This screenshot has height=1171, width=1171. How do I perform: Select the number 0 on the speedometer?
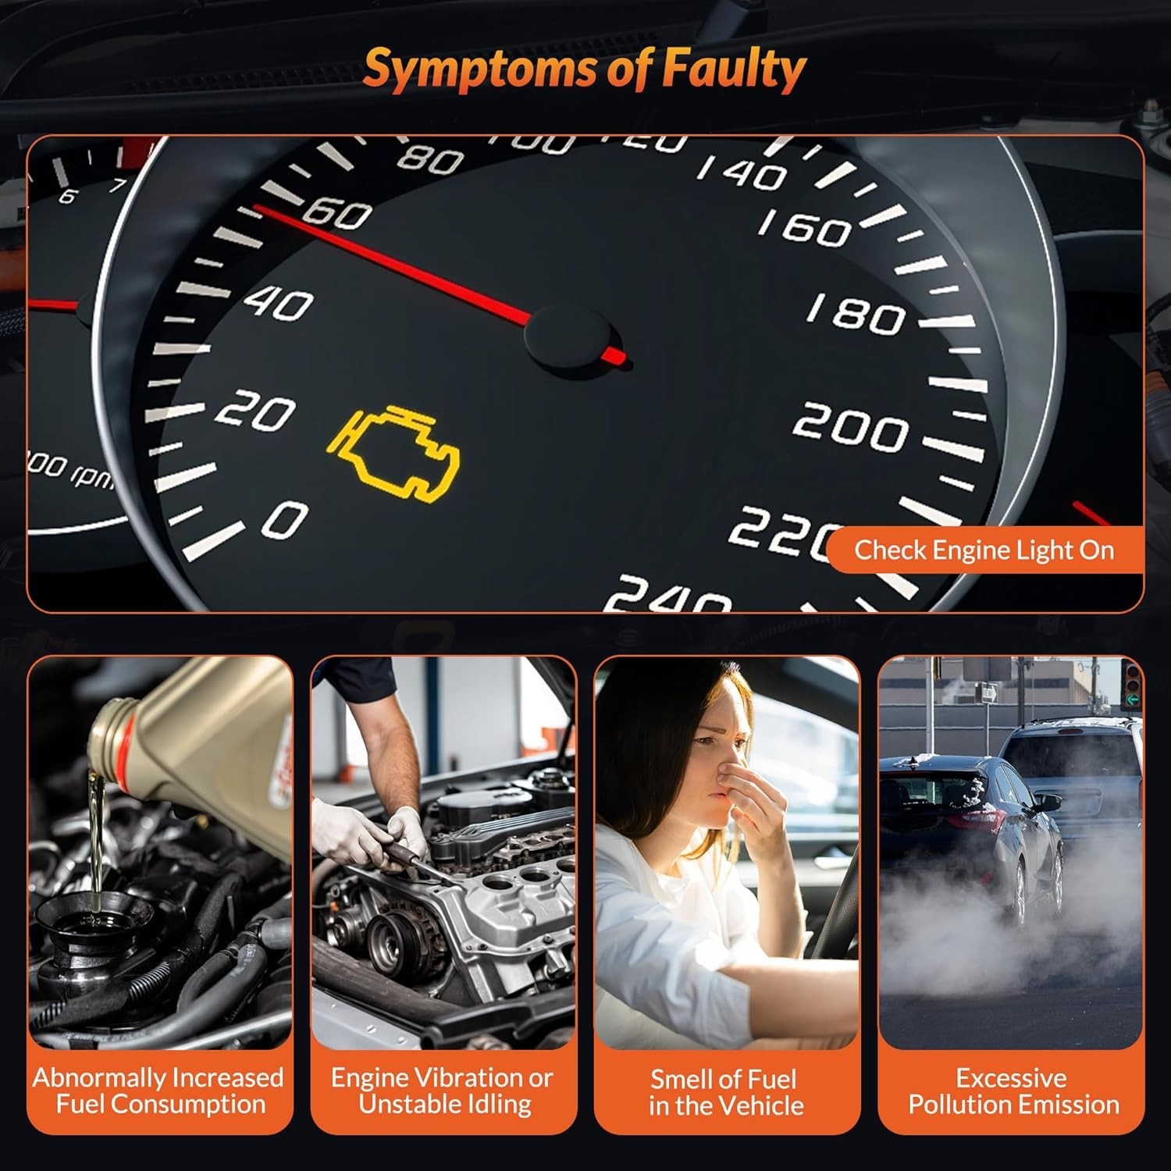click(x=284, y=520)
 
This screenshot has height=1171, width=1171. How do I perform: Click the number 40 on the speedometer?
click(x=278, y=303)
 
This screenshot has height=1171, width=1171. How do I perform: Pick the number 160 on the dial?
click(x=805, y=227)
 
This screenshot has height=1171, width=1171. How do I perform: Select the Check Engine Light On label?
click(x=984, y=550)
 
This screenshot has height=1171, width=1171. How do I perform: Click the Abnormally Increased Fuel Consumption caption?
click(x=158, y=1091)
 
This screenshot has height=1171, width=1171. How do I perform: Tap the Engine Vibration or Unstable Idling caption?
click(x=443, y=1091)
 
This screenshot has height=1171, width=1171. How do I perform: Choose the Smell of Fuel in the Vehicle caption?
click(x=726, y=1092)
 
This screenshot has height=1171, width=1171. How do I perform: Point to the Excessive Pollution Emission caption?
click(x=1013, y=1091)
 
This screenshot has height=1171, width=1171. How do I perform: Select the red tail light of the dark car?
click(x=977, y=819)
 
